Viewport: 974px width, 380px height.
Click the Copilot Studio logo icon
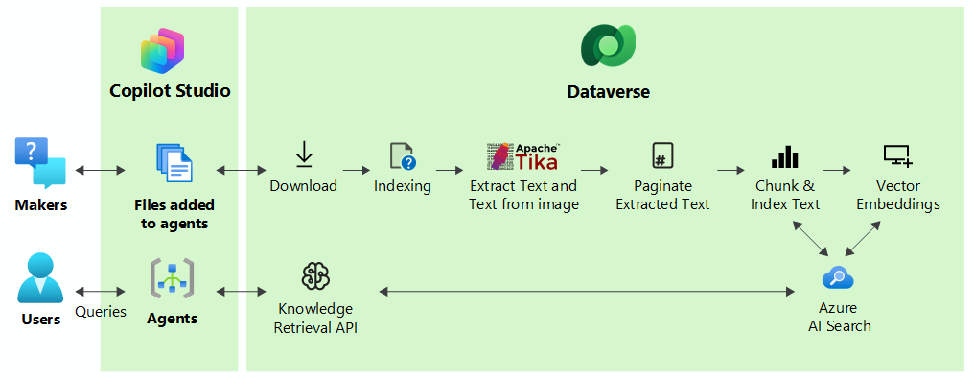pyautogui.click(x=163, y=51)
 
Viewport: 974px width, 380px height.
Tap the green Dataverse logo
pyautogui.click(x=608, y=46)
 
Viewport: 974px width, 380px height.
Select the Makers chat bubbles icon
pyautogui.click(x=40, y=163)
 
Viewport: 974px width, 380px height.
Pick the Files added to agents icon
pyautogui.click(x=174, y=162)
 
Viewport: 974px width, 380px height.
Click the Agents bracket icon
pyautogui.click(x=172, y=278)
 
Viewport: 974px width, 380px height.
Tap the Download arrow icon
pyautogui.click(x=304, y=154)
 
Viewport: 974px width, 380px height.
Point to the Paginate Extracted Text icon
pyautogui.click(x=662, y=154)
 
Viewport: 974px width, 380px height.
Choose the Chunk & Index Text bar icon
pyautogui.click(x=784, y=156)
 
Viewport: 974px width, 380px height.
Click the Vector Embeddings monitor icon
pyautogui.click(x=897, y=156)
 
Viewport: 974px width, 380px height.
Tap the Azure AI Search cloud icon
pyautogui.click(x=837, y=277)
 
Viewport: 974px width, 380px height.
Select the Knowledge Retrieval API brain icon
pyautogui.click(x=315, y=276)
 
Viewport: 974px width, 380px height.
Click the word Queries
pyautogui.click(x=101, y=312)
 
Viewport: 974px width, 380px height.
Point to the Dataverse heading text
pyautogui.click(x=608, y=92)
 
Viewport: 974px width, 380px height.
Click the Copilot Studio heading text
pyautogui.click(x=170, y=91)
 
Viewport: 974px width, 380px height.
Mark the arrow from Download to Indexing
pyautogui.click(x=356, y=169)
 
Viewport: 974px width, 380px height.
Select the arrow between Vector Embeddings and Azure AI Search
pyautogui.click(x=863, y=238)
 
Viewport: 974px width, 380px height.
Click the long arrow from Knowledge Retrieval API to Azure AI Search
pyautogui.click(x=587, y=291)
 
